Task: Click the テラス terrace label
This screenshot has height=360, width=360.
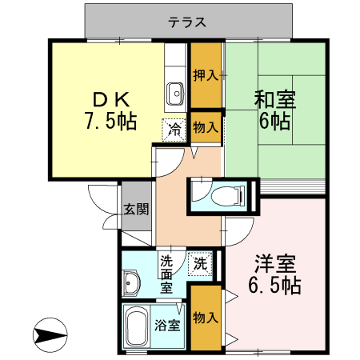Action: [x=188, y=22]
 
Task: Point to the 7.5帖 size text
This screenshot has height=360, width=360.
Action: [x=110, y=122]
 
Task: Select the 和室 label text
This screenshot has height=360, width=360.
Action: [x=274, y=101]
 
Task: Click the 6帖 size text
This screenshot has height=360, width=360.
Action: [x=274, y=122]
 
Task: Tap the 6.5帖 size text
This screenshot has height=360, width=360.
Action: [x=274, y=286]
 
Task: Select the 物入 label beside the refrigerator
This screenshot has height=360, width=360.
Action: [x=206, y=126]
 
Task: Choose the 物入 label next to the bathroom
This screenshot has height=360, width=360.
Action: [x=206, y=318]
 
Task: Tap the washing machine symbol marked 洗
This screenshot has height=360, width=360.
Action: [x=201, y=262]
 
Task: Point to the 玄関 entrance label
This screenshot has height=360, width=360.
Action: [x=135, y=210]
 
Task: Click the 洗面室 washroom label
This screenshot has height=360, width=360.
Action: [x=166, y=273]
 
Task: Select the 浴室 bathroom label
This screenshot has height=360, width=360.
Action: [x=167, y=326]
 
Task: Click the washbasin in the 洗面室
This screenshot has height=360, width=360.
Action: [x=132, y=282]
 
